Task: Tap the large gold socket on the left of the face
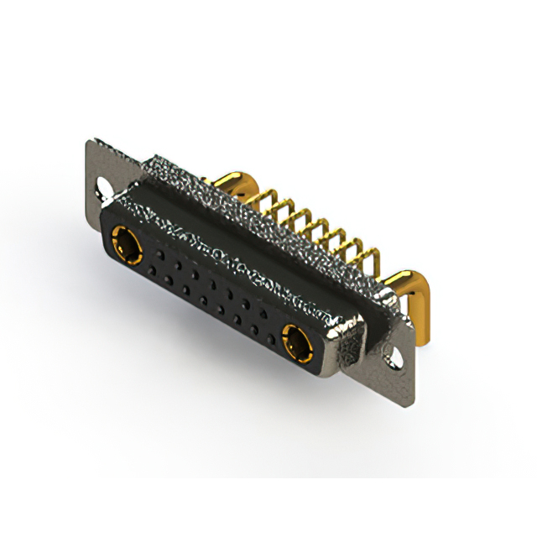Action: tap(127, 246)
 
